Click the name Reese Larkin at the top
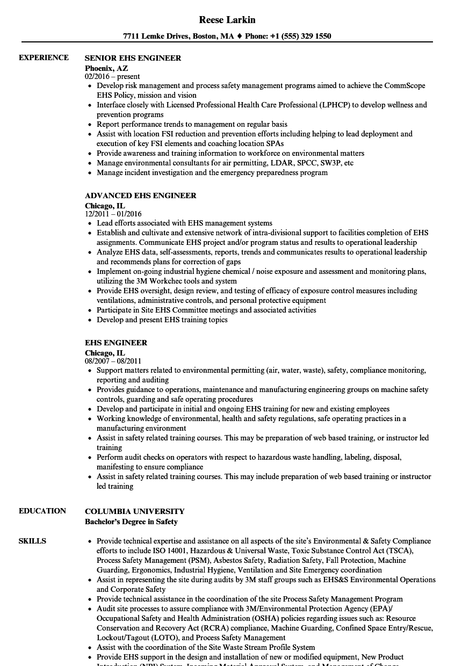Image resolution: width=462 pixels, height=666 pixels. pyautogui.click(x=227, y=20)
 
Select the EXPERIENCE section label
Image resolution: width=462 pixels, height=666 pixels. pyautogui.click(x=44, y=57)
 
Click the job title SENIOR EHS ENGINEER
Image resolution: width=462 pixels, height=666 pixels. pyautogui.click(x=133, y=58)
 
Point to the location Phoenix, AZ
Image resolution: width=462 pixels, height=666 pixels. pyautogui.click(x=106, y=68)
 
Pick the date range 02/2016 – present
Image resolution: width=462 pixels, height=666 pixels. pyautogui.click(x=112, y=77)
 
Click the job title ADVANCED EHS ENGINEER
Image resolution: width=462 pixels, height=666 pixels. pyautogui.click(x=141, y=196)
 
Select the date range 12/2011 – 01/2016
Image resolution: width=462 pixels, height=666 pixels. pyautogui.click(x=113, y=214)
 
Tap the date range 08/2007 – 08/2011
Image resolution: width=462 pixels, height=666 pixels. pyautogui.click(x=113, y=361)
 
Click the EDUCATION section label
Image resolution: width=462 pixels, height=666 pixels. pyautogui.click(x=42, y=511)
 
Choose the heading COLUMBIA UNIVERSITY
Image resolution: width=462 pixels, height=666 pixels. pyautogui.click(x=135, y=511)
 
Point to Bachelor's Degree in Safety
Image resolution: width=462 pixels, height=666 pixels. pyautogui.click(x=131, y=522)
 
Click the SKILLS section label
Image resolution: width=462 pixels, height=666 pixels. pyautogui.click(x=32, y=541)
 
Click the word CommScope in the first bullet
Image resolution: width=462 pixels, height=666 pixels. pyautogui.click(x=406, y=85)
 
